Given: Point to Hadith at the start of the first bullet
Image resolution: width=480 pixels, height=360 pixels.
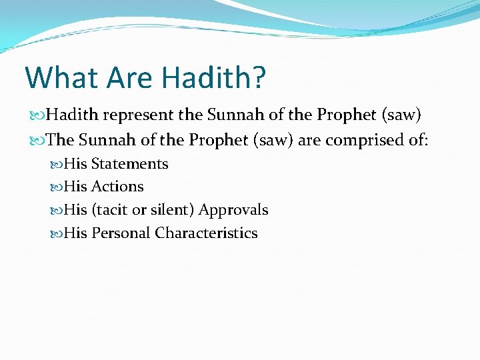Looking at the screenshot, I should (71, 115).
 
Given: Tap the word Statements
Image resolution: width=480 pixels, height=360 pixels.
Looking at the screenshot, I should (129, 164).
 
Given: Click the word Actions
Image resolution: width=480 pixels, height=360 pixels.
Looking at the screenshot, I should (117, 187).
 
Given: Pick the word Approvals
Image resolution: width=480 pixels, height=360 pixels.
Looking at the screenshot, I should (233, 210).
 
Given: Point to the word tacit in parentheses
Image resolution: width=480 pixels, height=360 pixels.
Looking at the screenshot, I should (111, 210).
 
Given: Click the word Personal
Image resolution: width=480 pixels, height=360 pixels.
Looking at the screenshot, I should (121, 233).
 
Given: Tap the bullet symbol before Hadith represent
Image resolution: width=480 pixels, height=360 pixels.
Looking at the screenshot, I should (37, 116).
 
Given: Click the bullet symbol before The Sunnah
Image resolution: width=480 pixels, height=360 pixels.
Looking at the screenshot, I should (37, 141).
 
